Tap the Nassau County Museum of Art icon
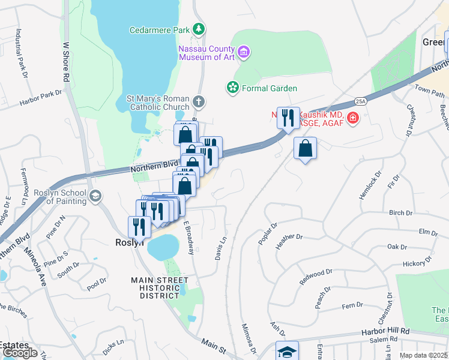(243, 52)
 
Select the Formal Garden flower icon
(232, 88)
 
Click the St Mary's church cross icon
(199, 103)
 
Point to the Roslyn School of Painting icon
(95, 196)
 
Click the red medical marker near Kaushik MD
(352, 117)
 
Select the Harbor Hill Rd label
(385, 331)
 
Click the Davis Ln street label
(220, 247)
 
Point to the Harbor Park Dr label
(41, 94)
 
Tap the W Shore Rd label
(66, 62)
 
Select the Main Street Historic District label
(156, 288)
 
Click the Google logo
(19, 353)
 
